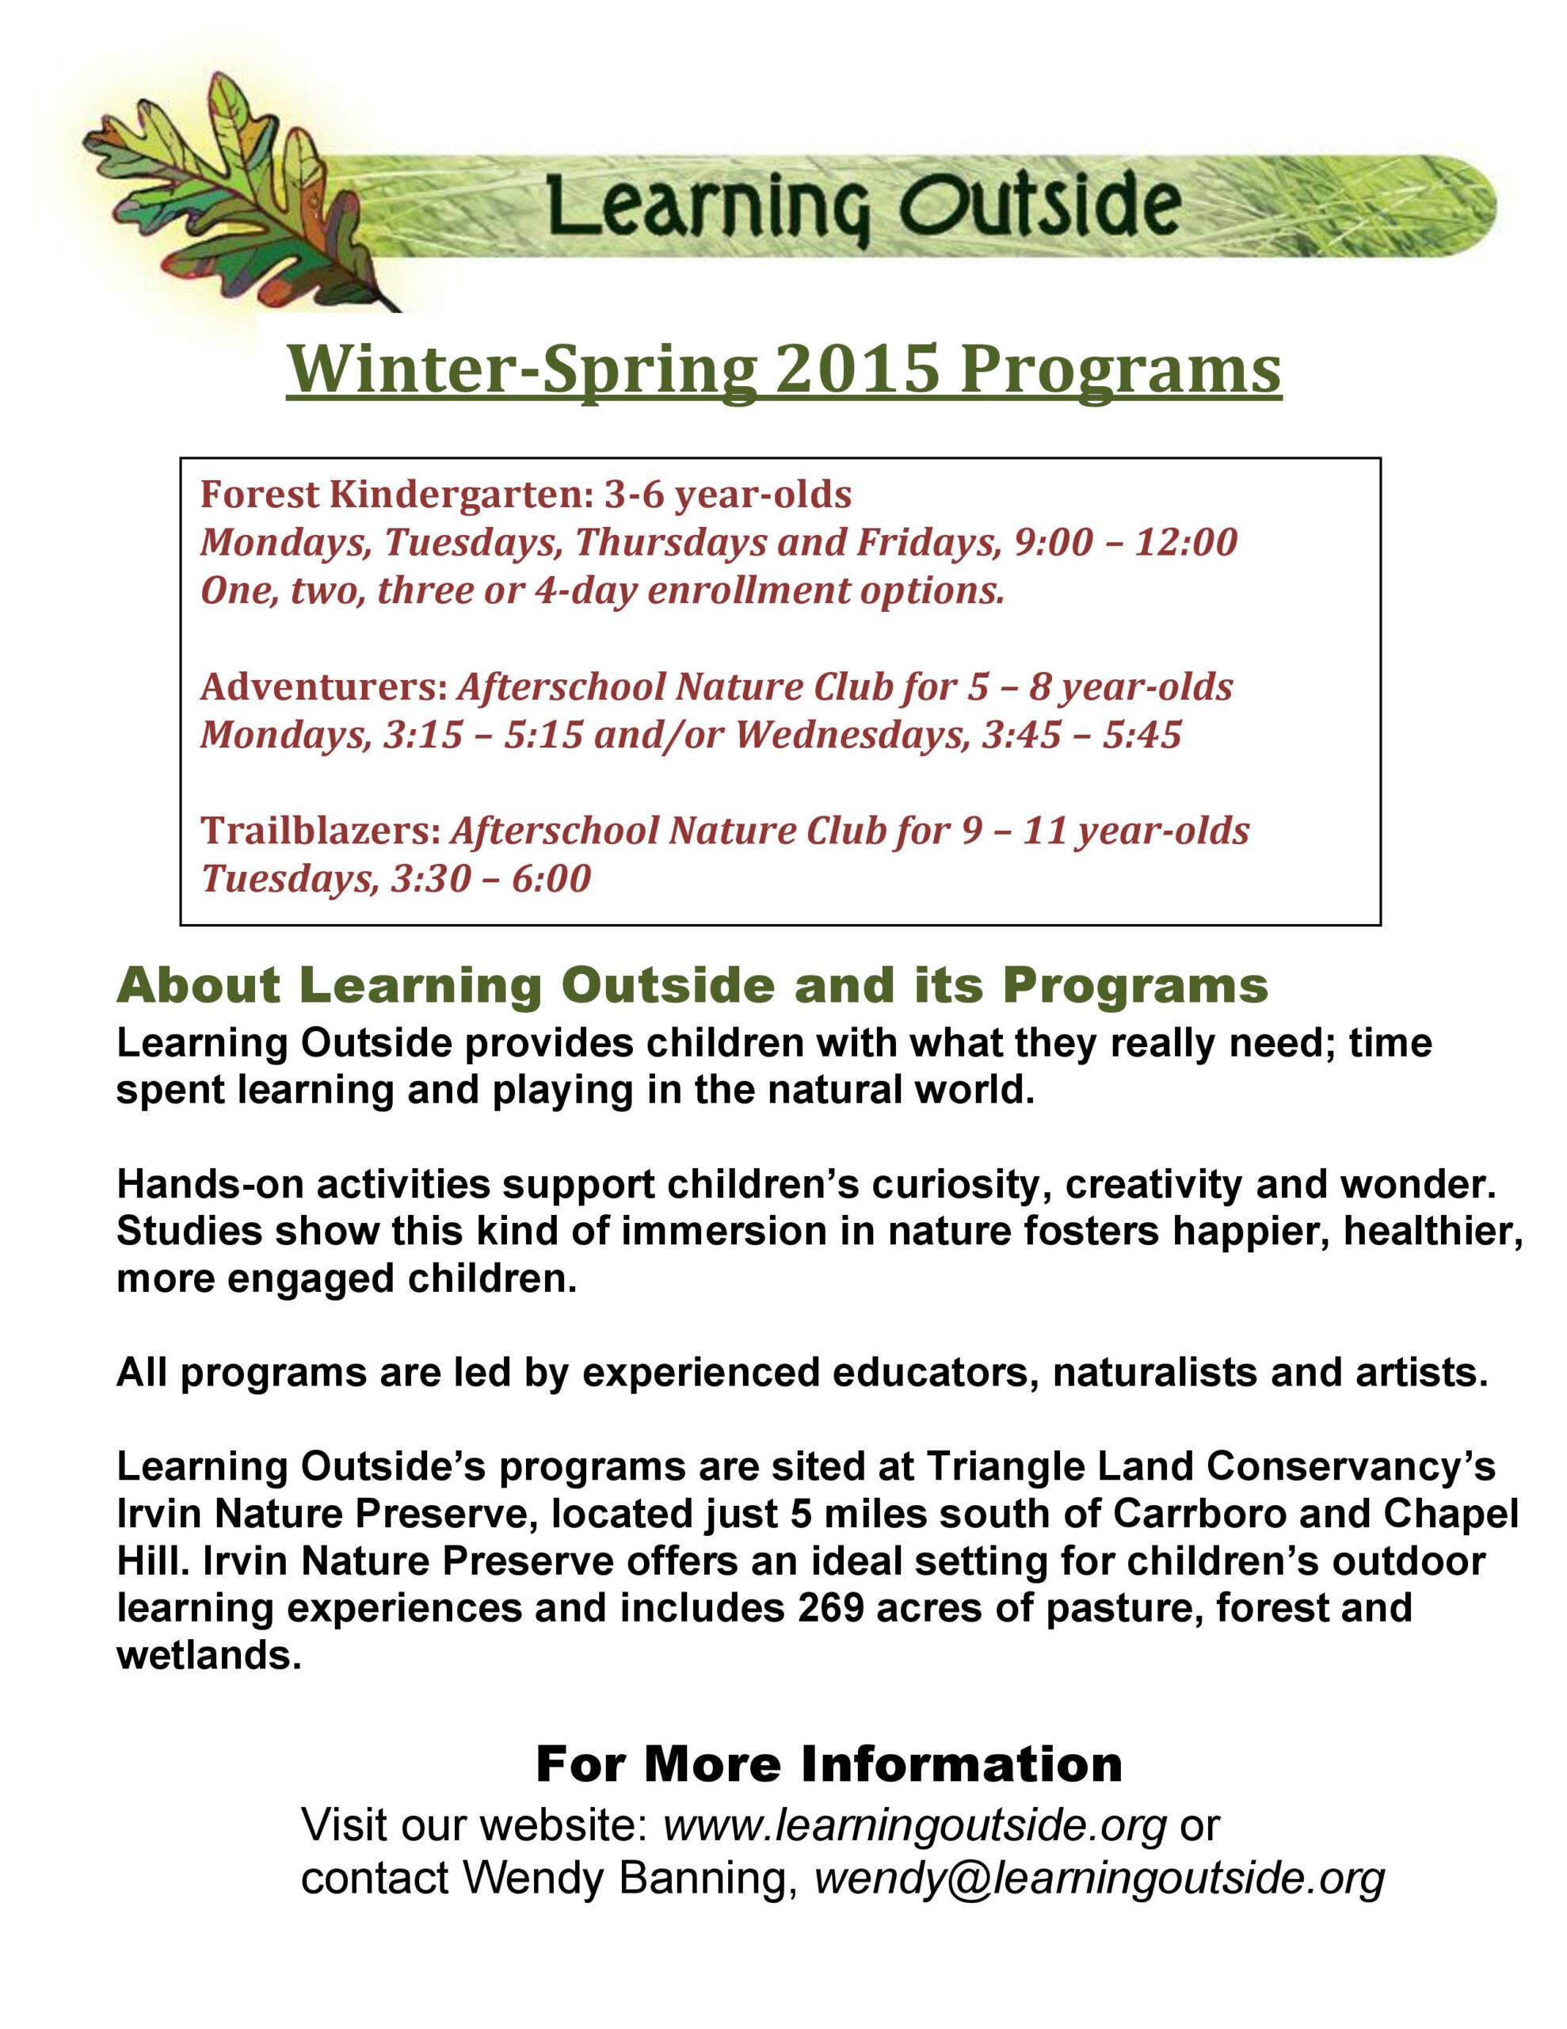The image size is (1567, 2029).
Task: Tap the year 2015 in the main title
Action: tap(856, 370)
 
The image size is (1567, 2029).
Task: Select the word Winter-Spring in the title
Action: tap(520, 370)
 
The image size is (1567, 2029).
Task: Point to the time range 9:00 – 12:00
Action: tap(1126, 543)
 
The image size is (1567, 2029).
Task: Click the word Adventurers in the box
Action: tap(323, 687)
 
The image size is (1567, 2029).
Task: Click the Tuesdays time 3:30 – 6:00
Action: tap(490, 879)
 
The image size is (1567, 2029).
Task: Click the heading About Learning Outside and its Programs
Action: tap(692, 986)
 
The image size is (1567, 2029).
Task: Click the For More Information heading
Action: tap(829, 1764)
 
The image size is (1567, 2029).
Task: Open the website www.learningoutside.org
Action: tap(914, 1825)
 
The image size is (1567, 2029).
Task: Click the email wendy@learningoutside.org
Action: tap(1099, 1878)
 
